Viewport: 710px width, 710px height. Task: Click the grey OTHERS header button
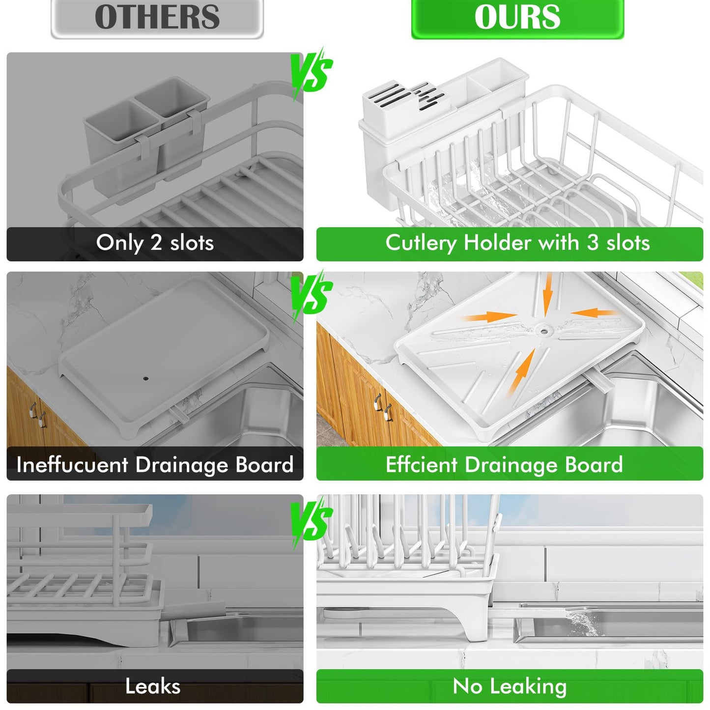157,18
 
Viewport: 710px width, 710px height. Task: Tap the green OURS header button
517,18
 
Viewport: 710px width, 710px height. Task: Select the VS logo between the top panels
312,74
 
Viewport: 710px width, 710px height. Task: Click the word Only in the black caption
120,244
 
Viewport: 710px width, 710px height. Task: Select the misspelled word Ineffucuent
72,464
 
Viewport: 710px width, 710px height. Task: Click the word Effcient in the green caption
421,464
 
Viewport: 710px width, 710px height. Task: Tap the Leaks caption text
153,686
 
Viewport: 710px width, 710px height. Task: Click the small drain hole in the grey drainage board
145,378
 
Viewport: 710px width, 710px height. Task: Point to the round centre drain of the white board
543,330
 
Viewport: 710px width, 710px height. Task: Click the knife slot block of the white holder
407,98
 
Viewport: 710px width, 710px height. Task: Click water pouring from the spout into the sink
582,622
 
